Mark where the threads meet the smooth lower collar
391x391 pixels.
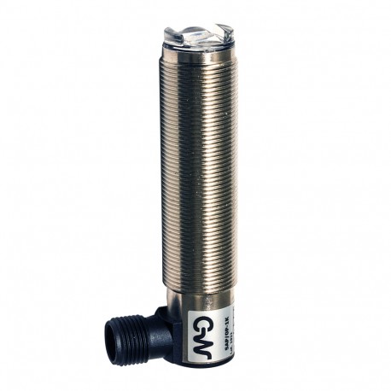tap(196, 289)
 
